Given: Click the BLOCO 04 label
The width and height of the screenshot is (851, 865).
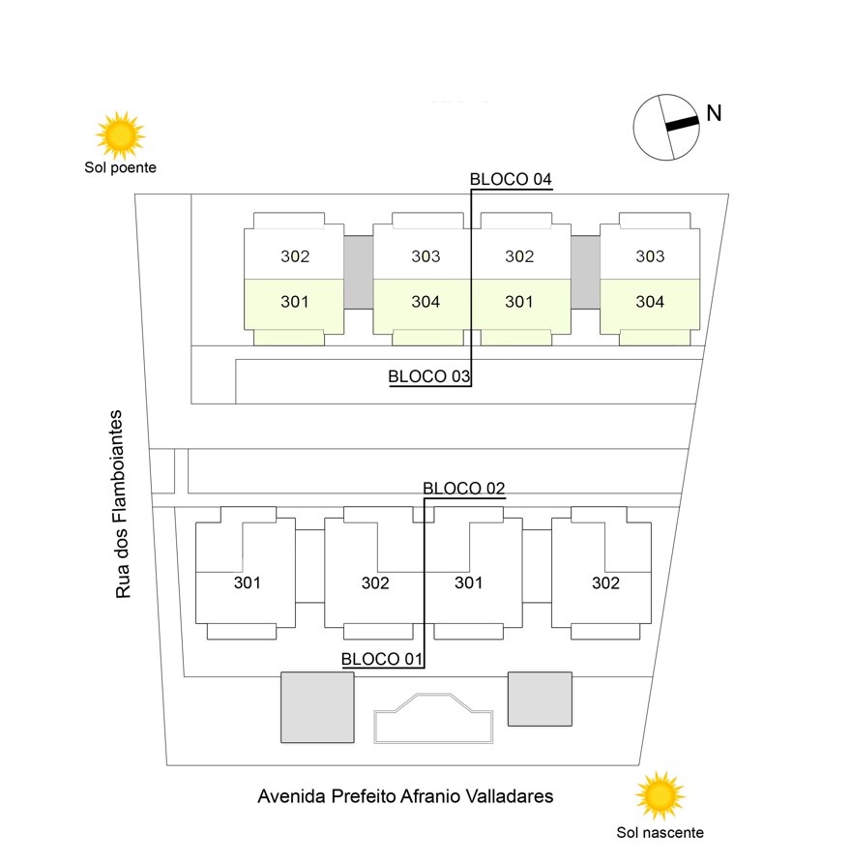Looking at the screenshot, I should (x=510, y=179).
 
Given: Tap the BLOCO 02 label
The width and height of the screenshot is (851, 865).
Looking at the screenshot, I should (x=464, y=488).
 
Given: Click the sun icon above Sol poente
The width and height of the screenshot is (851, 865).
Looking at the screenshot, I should (x=120, y=134).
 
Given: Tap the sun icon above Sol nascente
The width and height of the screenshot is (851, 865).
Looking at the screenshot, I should (x=660, y=795).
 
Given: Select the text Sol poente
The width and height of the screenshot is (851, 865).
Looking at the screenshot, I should (x=120, y=167).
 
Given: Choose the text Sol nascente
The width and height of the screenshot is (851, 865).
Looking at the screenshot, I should (x=660, y=832).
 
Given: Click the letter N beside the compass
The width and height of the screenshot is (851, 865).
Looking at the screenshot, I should (x=714, y=112).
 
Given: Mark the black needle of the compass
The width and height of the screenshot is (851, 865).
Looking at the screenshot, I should (x=681, y=124).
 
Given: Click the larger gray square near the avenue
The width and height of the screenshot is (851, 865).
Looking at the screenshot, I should (x=316, y=707).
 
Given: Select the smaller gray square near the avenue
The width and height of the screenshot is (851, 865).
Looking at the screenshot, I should (x=540, y=699).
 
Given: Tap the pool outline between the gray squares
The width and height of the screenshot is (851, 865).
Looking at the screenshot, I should (x=433, y=718).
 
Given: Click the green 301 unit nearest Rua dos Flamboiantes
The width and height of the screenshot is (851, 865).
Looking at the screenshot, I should (x=294, y=302).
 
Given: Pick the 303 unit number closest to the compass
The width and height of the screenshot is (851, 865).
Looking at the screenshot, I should (x=650, y=256).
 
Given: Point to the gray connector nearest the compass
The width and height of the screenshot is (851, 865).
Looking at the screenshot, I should (x=584, y=272).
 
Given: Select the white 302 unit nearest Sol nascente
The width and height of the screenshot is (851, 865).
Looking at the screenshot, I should (x=606, y=582).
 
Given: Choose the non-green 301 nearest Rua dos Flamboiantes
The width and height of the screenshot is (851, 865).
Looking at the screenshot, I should (x=248, y=582).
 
